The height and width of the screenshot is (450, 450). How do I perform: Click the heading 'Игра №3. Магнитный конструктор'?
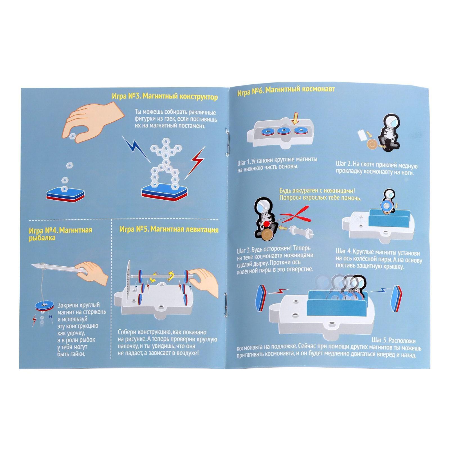coord(165,97)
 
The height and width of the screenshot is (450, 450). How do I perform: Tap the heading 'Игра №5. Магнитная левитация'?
coord(169,230)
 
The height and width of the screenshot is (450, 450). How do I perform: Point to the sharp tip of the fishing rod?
coord(32,265)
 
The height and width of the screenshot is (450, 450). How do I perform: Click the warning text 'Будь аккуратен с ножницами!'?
coord(319,192)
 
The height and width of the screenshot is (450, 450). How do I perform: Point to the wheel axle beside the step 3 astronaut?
coord(301,231)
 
